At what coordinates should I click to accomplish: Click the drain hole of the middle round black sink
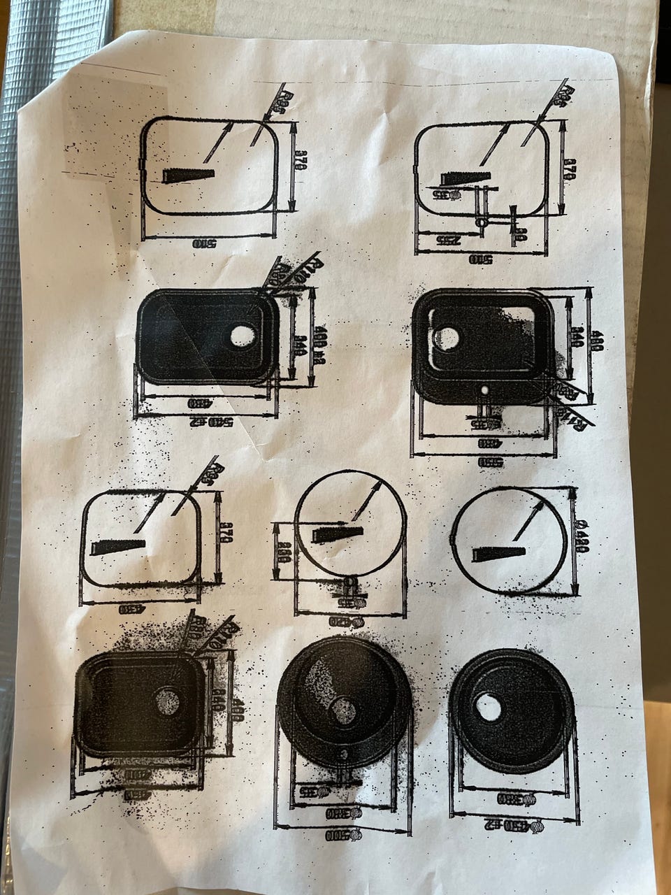click(343, 710)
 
